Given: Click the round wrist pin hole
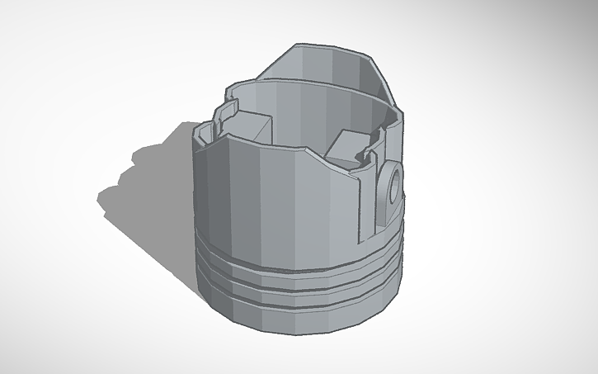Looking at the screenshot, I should coord(394,182).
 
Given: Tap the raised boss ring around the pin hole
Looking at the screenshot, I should coord(388,195).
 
